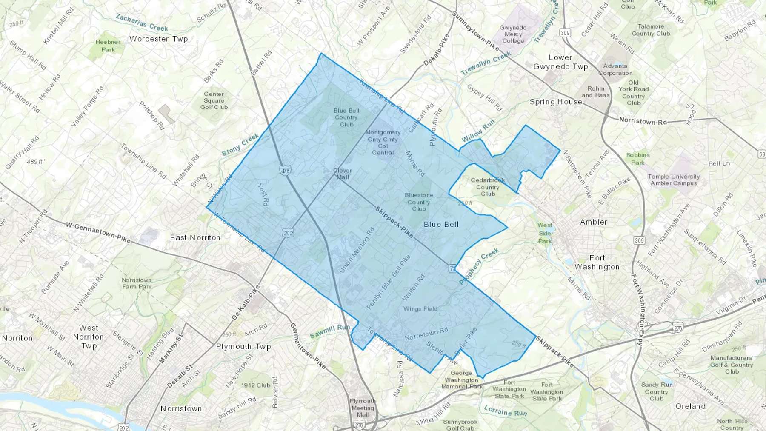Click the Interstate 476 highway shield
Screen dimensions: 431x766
(x=285, y=171)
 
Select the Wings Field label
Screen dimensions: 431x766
(x=420, y=309)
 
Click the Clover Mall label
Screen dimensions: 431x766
(x=342, y=174)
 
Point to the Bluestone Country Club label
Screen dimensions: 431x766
(x=419, y=202)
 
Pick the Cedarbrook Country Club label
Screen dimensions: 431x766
(x=488, y=187)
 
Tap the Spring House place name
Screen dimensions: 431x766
(x=556, y=102)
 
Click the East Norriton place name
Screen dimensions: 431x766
(x=195, y=237)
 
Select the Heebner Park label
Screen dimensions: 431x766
(x=108, y=46)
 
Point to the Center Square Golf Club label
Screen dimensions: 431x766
(x=214, y=100)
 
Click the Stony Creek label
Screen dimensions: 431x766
(x=240, y=145)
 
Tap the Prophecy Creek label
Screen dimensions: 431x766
(x=479, y=267)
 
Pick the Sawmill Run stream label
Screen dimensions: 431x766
(x=330, y=331)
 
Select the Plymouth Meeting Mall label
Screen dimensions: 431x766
(x=363, y=408)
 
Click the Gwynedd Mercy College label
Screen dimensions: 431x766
(x=513, y=34)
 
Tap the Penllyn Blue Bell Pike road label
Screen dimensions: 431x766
(x=389, y=282)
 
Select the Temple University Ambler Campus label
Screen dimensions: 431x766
(x=674, y=180)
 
